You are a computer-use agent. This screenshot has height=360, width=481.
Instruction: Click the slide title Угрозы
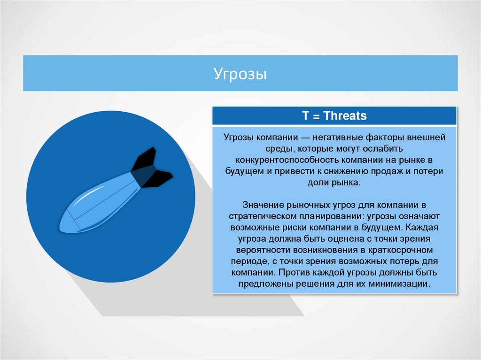pyautogui.click(x=240, y=74)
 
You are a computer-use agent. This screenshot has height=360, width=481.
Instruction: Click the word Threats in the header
pyautogui.click(x=345, y=116)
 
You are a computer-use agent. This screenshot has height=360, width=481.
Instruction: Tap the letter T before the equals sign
pyautogui.click(x=305, y=116)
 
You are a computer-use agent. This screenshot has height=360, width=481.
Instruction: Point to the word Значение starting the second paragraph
pyautogui.click(x=260, y=206)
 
